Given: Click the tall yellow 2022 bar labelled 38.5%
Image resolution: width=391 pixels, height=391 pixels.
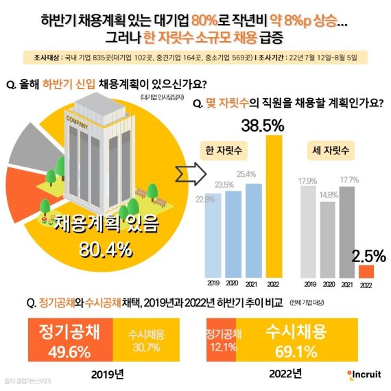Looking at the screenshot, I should coord(274,206).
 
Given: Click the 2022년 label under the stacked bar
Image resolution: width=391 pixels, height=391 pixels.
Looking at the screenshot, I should coord(285,374).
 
